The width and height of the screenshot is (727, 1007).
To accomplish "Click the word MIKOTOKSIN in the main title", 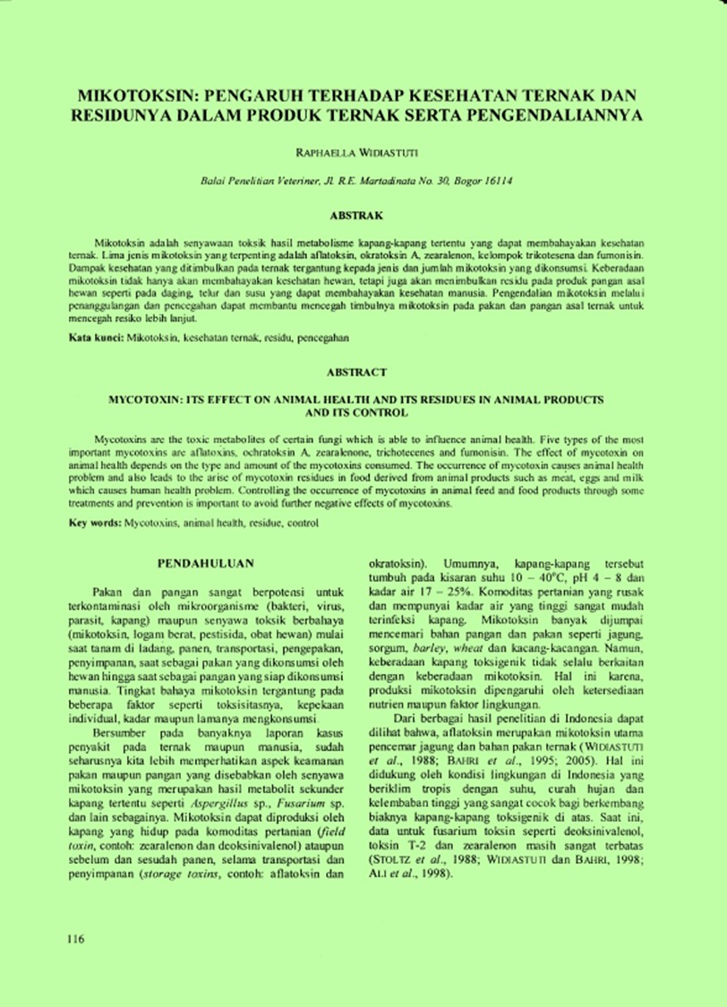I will point(133,92).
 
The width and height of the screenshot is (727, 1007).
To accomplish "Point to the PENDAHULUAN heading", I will point(205,563).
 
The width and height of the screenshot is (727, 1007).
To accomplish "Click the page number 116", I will point(75,939).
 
